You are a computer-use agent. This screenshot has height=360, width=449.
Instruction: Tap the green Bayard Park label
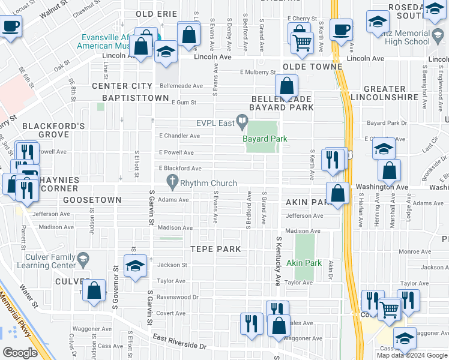coord(265,139)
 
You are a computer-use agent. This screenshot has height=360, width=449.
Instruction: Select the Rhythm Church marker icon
coord(173,181)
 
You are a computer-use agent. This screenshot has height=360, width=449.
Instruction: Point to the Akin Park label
coord(304,263)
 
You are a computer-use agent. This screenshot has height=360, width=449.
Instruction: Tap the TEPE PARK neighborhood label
coord(215,249)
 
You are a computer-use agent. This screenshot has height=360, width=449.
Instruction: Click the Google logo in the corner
coord(20,353)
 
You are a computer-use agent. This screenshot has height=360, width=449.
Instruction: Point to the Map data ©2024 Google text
coord(412,355)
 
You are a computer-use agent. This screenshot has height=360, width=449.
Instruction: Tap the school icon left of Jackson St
coord(135,266)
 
